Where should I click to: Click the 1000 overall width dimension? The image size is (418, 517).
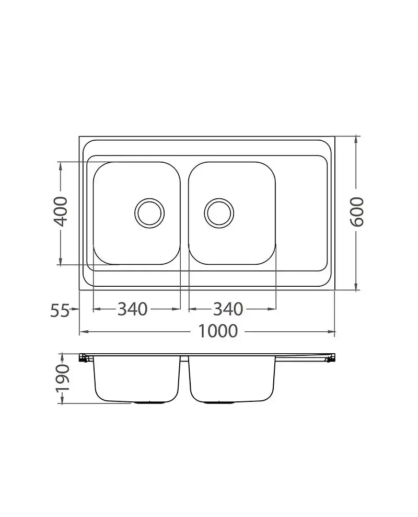point(218,331)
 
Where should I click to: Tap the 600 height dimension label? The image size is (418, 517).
point(356,212)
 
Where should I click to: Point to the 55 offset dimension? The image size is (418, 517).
point(60,310)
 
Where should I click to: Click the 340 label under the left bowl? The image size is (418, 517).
point(132,309)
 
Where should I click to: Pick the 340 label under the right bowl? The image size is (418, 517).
point(228,309)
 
